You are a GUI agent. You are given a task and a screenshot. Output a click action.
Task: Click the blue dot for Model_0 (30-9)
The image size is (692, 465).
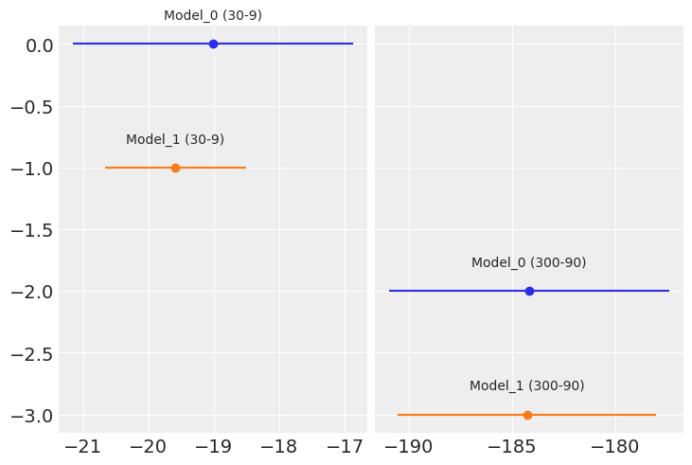coord(213,44)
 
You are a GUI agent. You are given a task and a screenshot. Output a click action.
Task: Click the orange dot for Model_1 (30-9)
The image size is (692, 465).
coord(175,168)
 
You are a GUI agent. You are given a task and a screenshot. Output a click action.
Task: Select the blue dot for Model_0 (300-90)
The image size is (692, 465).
coord(529,291)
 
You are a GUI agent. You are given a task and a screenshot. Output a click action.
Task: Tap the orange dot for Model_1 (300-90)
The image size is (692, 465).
coord(527,415)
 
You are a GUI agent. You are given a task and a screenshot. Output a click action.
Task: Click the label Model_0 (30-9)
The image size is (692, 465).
coord(213,15)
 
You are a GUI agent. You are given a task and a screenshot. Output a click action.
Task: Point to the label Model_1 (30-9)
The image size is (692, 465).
coord(175,139)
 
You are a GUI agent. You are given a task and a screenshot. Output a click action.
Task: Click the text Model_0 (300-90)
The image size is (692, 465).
coord(528,262)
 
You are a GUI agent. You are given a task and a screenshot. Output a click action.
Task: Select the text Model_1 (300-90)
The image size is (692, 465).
coord(526,385)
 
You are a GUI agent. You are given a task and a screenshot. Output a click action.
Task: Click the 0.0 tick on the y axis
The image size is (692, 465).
coord(38,45)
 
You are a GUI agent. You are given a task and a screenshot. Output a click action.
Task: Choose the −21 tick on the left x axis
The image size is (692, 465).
coord(83,447)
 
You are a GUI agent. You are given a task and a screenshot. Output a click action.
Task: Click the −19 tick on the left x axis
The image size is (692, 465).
coord(214,447)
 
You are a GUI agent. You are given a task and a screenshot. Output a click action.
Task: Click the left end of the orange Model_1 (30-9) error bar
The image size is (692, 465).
coord(106,168)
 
